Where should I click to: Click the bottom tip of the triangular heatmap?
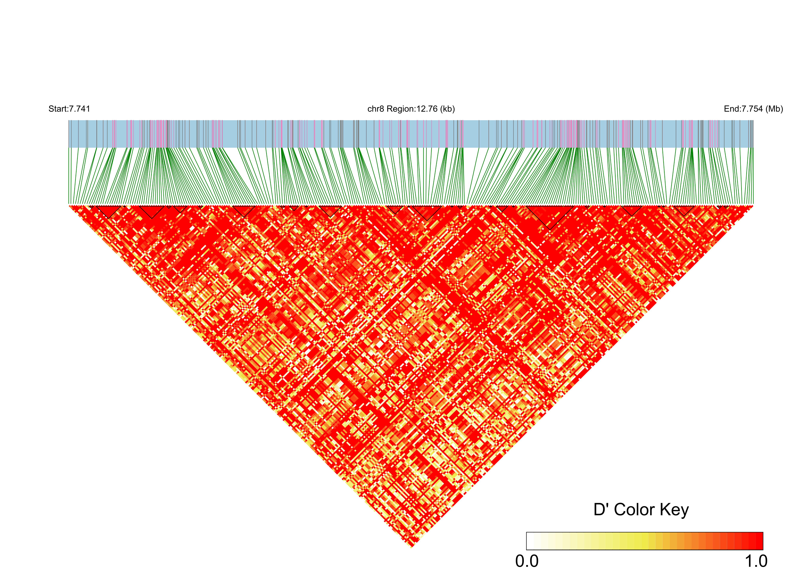(x=411, y=547)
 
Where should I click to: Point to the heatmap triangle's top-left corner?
(x=69, y=206)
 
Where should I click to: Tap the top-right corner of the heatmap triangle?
(x=753, y=206)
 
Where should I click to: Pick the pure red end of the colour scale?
(x=759, y=541)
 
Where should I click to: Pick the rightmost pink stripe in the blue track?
(x=718, y=134)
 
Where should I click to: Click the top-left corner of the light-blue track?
(x=69, y=121)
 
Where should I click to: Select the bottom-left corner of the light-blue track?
(x=69, y=147)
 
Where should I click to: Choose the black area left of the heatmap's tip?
(x=212, y=460)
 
